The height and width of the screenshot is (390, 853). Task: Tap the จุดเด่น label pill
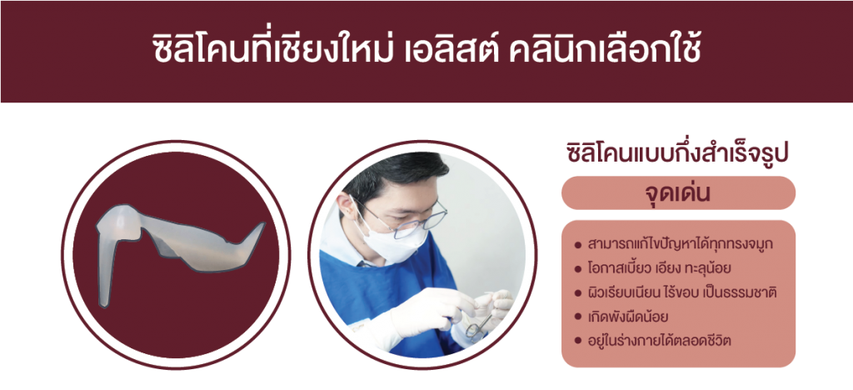[678, 193]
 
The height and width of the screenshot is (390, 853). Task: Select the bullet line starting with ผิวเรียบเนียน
[681, 293]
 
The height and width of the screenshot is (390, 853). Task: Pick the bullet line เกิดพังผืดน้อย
[628, 317]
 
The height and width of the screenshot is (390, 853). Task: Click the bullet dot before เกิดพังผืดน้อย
[578, 317]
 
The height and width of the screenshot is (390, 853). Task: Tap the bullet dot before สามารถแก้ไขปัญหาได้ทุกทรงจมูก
[578, 244]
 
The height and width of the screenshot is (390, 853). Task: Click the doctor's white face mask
[389, 239]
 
